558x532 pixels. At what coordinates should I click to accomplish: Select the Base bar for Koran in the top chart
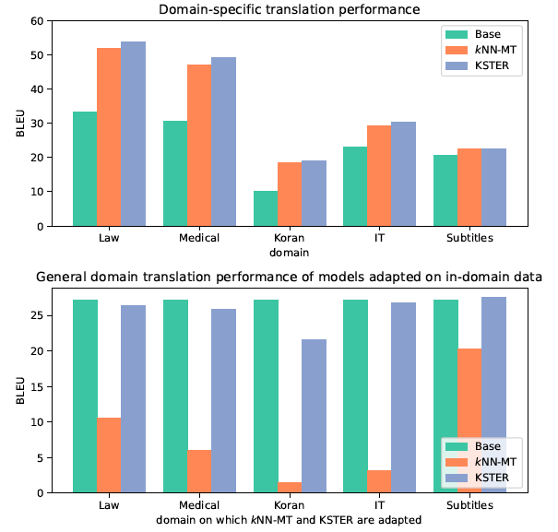point(266,208)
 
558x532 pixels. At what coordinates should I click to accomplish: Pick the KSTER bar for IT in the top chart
point(403,174)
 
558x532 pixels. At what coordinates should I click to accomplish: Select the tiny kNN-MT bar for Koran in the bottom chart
point(291,488)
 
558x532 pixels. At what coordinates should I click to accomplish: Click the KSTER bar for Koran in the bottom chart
point(315,416)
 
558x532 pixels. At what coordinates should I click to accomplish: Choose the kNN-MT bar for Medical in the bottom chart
point(199,471)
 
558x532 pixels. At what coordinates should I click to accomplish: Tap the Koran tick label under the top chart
point(291,238)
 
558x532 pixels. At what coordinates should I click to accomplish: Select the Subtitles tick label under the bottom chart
point(471,505)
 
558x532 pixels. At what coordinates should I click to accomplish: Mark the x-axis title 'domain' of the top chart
point(290,252)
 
